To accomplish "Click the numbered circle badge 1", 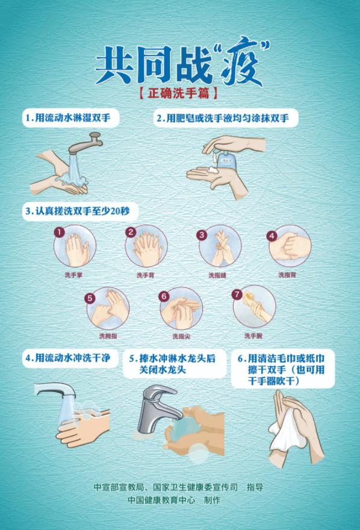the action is [x=60, y=232].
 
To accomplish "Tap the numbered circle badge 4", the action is [x=272, y=235].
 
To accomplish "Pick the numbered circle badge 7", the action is [x=237, y=294].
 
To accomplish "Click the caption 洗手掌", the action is [x=73, y=275].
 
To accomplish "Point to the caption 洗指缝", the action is [x=217, y=275].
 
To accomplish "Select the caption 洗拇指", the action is [x=108, y=336].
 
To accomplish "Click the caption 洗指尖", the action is [x=181, y=336].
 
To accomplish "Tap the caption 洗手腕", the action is [x=253, y=335].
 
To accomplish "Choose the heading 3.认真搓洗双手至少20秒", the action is [x=78, y=211].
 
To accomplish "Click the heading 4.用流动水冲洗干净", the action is [x=68, y=358].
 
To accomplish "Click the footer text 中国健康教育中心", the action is [x=161, y=500].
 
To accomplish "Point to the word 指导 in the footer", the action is [x=255, y=487].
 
